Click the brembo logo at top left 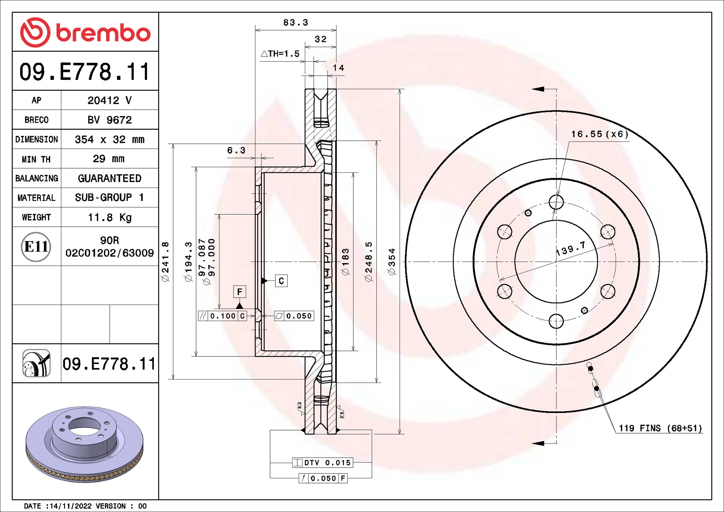click(85, 33)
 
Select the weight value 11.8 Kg click(109, 217)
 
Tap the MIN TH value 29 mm click(109, 159)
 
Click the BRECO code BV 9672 click(109, 120)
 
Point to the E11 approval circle click(36, 247)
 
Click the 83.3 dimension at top click(296, 23)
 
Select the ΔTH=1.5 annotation click(280, 54)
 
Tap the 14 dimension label click(338, 68)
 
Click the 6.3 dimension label click(236, 150)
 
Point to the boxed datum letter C click(281, 281)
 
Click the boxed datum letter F click(239, 292)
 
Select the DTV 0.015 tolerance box click(323, 463)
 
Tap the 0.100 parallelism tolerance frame click(223, 316)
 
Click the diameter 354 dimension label click(392, 262)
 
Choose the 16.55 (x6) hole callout click(599, 134)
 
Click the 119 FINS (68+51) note click(660, 428)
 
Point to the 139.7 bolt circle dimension click(571, 248)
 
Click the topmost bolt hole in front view click(556, 202)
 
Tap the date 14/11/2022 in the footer click(71, 506)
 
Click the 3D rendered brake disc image click(85, 444)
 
